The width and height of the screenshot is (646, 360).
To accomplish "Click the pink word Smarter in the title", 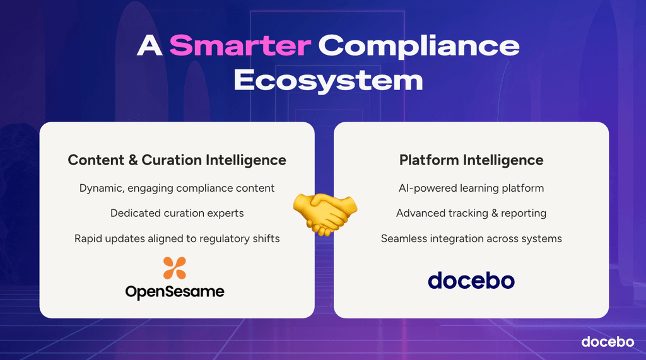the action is click(x=240, y=45).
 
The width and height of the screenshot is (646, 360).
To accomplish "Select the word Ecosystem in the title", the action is click(x=328, y=81).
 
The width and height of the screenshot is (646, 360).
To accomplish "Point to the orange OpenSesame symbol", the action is click(x=175, y=268).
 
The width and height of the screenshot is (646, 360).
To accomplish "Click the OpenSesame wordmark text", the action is click(x=175, y=292).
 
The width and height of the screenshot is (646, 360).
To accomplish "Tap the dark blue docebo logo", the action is click(x=471, y=281).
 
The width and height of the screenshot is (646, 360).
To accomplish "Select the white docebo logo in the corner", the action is click(x=608, y=342).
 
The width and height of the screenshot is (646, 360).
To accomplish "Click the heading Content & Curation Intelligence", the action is click(x=177, y=160).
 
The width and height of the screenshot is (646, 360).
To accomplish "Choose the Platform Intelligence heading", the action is click(x=471, y=160).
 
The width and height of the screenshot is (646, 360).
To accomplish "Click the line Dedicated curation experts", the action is click(x=177, y=213).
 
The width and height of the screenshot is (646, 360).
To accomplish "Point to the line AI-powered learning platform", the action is click(x=471, y=189).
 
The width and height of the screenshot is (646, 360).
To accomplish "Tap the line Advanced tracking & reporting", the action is click(x=471, y=213).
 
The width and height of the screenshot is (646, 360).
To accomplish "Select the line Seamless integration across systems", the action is click(x=471, y=238).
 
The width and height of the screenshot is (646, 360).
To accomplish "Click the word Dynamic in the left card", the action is click(x=102, y=189).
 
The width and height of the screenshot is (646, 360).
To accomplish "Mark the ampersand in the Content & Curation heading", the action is click(x=133, y=160).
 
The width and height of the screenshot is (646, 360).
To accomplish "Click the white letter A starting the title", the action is click(x=149, y=45).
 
